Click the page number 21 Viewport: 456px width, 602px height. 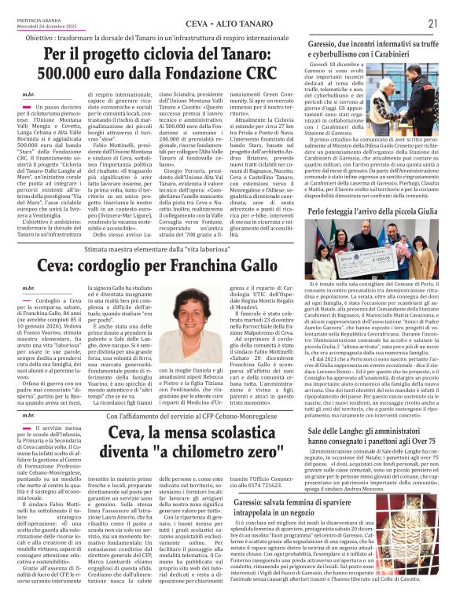pos(432,24)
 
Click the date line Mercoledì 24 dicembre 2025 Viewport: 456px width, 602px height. pos(36,28)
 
